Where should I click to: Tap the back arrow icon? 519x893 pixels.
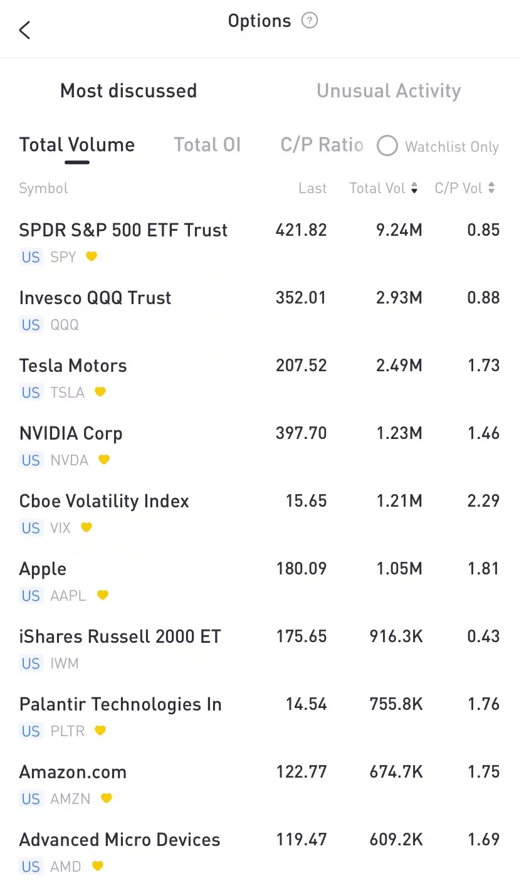pos(24,29)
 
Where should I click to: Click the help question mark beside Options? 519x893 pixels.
pos(310,21)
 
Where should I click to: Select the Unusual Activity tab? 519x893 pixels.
pos(388,91)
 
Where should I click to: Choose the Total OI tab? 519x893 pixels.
pos(207,145)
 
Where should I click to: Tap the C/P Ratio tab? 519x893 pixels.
pos(322,145)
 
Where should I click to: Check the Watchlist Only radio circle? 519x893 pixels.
pos(387,146)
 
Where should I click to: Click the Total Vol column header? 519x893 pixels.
pos(383,188)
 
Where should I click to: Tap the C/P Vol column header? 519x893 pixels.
pos(464,188)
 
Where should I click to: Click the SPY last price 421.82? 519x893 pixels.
pos(301,230)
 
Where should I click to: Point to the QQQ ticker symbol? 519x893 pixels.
pos(65,325)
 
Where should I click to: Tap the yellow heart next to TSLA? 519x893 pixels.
pos(100,392)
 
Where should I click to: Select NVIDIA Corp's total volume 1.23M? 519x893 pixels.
pos(399,433)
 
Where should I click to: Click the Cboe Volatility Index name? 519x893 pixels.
pos(104,501)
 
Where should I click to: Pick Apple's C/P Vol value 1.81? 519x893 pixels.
pos(483,569)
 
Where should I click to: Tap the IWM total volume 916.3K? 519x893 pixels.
pos(396,637)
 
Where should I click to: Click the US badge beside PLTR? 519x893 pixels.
pos(31,731)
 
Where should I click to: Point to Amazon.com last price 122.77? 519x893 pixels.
pos(301,772)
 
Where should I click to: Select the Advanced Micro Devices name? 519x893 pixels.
pos(120,840)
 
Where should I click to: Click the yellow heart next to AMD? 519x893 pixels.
pos(97,866)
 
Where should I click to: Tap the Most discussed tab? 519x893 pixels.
pos(128,91)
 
